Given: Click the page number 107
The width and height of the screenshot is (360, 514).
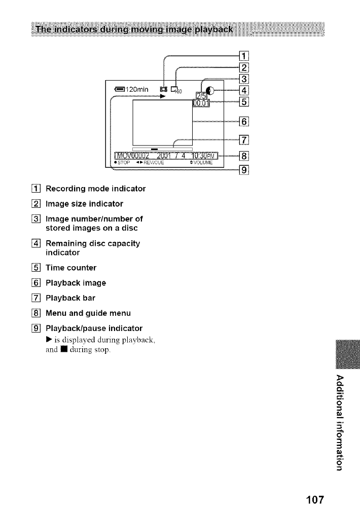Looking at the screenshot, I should pos(311,498).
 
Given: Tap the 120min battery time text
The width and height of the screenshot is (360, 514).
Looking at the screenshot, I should pos(133,91).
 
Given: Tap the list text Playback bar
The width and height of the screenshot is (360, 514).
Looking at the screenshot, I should pos(70,298).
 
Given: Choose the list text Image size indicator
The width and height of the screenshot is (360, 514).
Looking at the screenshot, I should pos(84,204).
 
